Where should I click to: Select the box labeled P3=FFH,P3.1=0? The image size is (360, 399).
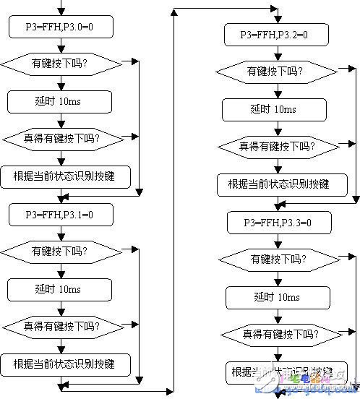click(x=60, y=214)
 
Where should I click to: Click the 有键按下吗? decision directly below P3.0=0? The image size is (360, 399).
click(x=60, y=64)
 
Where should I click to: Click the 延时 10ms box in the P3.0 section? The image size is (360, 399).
click(x=60, y=100)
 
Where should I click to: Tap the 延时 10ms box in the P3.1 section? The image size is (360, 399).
click(x=60, y=289)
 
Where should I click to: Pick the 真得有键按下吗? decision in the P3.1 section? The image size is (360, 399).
click(x=60, y=326)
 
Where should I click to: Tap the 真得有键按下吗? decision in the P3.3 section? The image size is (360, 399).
click(x=279, y=334)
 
